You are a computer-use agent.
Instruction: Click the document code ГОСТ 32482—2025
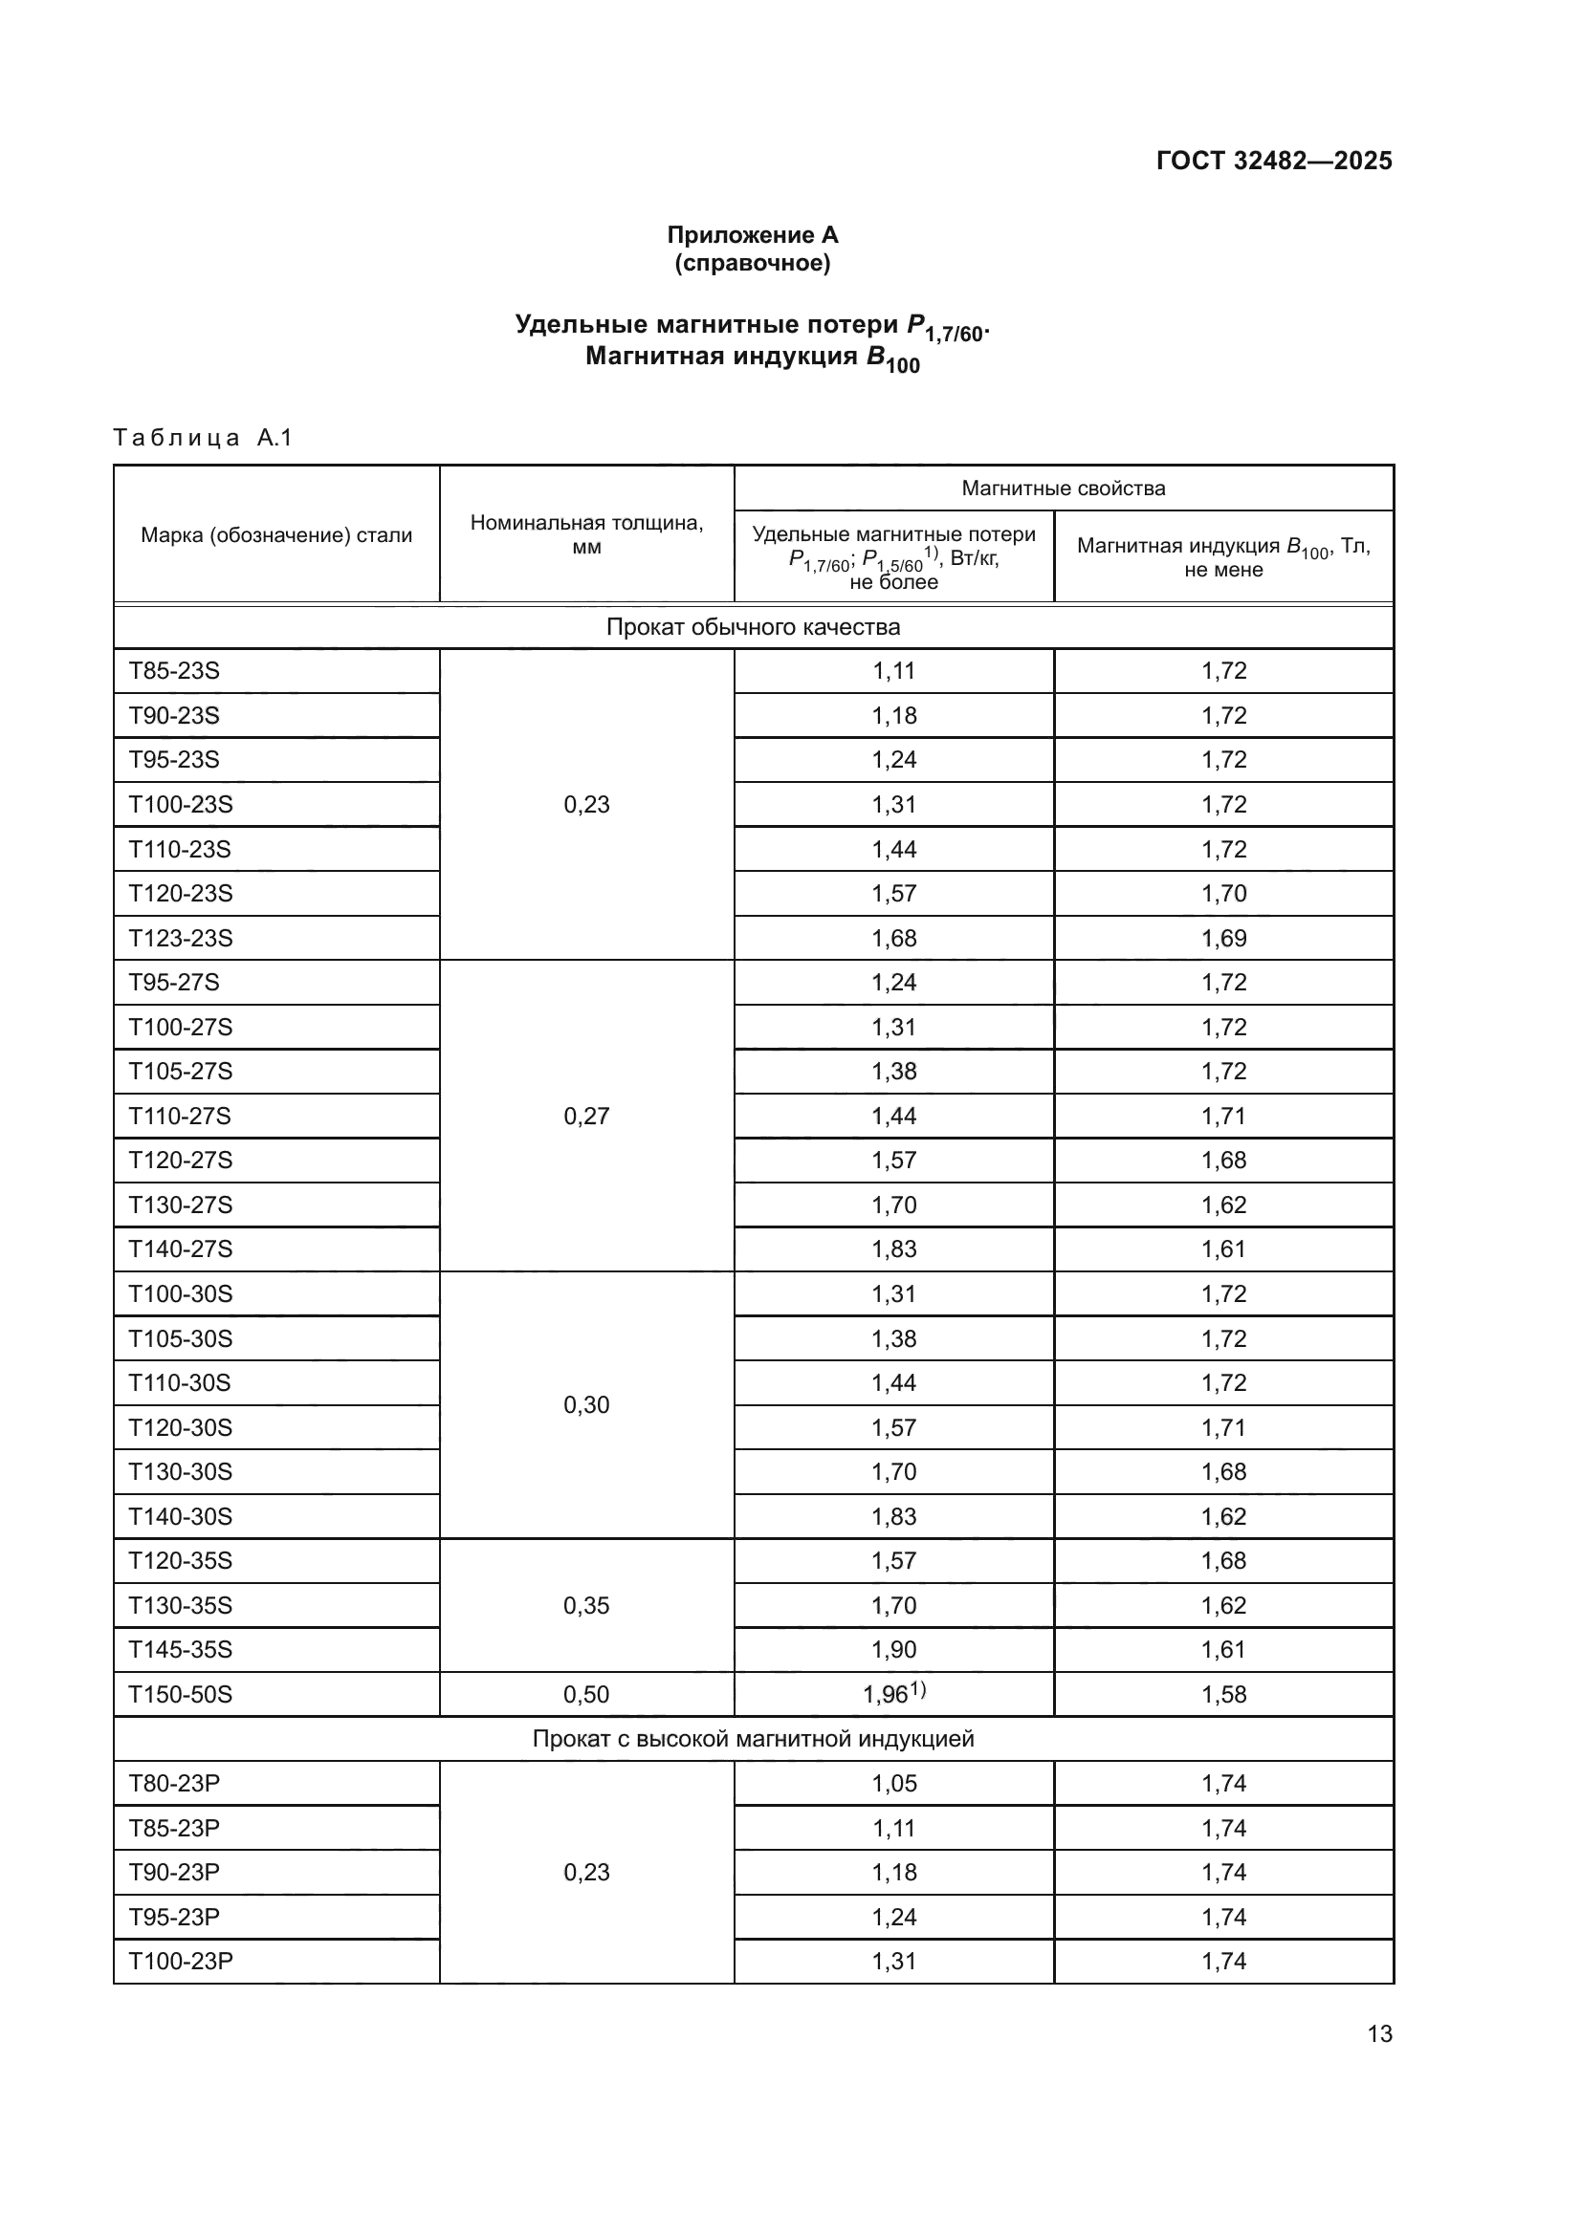(x=1273, y=161)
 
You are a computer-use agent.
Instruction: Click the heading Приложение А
(x=752, y=235)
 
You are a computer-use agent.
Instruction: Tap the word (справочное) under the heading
(x=752, y=263)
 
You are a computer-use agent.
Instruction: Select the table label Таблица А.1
(x=203, y=438)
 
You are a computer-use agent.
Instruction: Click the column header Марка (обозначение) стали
(x=276, y=534)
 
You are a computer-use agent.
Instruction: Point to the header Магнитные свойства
(x=1063, y=488)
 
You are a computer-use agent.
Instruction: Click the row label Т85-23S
(x=174, y=671)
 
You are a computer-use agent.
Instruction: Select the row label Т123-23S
(x=180, y=938)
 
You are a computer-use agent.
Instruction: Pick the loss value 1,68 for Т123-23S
(x=893, y=938)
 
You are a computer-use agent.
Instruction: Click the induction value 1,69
(x=1223, y=938)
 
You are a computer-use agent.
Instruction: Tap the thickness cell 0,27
(x=586, y=1116)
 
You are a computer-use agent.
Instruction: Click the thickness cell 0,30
(x=586, y=1404)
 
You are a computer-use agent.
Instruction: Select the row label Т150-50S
(x=180, y=1695)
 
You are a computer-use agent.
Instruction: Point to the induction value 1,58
(x=1223, y=1695)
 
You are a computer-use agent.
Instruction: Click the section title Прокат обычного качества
(x=752, y=627)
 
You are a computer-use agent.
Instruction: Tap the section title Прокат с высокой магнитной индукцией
(x=752, y=1739)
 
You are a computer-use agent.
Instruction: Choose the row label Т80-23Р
(x=174, y=1784)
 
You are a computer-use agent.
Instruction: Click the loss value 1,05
(x=893, y=1784)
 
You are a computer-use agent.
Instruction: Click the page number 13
(x=1379, y=2034)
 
